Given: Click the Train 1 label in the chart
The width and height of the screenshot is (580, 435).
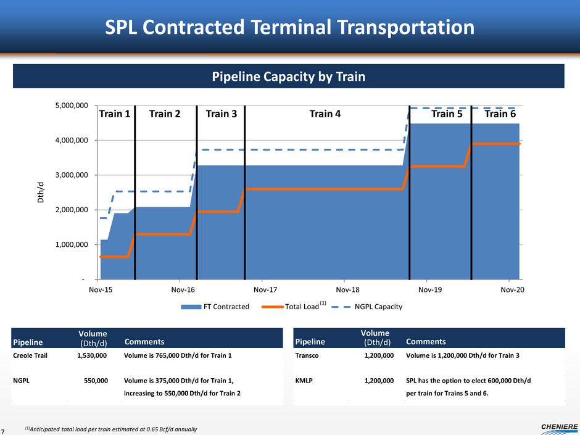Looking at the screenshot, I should [x=115, y=114].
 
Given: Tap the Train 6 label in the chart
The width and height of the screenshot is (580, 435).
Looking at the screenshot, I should [x=501, y=114].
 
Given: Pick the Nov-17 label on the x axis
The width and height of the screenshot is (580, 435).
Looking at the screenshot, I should [x=266, y=289].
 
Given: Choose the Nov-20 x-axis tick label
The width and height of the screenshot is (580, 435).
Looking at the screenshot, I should [x=513, y=289].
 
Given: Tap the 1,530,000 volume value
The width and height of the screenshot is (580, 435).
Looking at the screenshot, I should [x=92, y=355].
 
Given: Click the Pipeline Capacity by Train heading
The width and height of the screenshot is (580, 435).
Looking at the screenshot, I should [x=289, y=77].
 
